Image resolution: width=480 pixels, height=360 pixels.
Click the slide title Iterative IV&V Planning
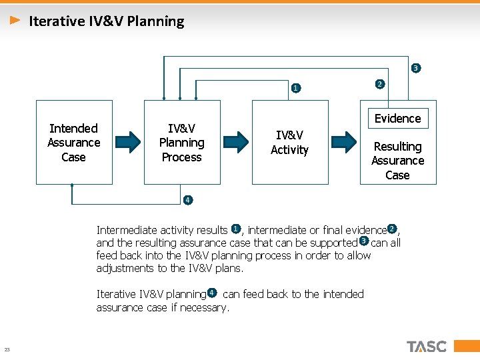(107, 21)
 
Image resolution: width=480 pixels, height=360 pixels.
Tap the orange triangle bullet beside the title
(15, 21)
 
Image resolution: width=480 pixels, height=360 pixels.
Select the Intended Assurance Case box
(73, 142)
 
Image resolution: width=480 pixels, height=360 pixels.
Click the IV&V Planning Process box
(182, 142)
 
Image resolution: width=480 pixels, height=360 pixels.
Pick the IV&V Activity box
(289, 143)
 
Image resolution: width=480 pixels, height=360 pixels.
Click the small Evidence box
(397, 119)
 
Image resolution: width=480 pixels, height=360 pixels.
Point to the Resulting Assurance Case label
(397, 161)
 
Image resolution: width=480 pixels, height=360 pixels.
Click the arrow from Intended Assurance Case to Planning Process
(128, 141)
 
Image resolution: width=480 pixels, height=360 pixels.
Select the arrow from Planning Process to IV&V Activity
(236, 141)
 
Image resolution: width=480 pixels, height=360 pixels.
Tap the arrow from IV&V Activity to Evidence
(344, 141)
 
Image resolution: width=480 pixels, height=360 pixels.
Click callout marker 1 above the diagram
(296, 87)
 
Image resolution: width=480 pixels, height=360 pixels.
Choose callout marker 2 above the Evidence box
(379, 84)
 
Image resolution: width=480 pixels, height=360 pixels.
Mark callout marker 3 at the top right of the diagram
(415, 68)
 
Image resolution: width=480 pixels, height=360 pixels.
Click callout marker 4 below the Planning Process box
(187, 200)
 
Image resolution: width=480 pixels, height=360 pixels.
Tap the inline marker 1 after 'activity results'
(235, 229)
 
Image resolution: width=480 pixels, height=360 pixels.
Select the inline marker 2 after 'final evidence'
(392, 229)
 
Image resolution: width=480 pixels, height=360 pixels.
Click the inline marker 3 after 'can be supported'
(363, 241)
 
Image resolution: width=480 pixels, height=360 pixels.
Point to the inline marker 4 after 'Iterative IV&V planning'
(211, 293)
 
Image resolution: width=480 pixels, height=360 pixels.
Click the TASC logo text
(427, 346)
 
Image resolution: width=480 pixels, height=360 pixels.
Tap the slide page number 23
(7, 350)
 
